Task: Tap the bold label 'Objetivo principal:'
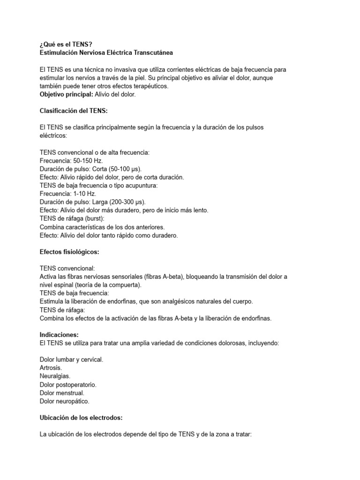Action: pos(67,95)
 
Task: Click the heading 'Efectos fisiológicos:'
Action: pos(70,252)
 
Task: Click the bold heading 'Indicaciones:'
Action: pos(59,335)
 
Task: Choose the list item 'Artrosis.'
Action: pos(52,368)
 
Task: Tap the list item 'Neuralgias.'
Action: pos(55,376)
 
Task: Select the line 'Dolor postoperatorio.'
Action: pos(68,384)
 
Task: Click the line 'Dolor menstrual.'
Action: pos(62,393)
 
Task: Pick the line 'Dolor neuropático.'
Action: pos(65,401)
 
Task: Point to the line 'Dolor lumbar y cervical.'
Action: pos(72,360)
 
